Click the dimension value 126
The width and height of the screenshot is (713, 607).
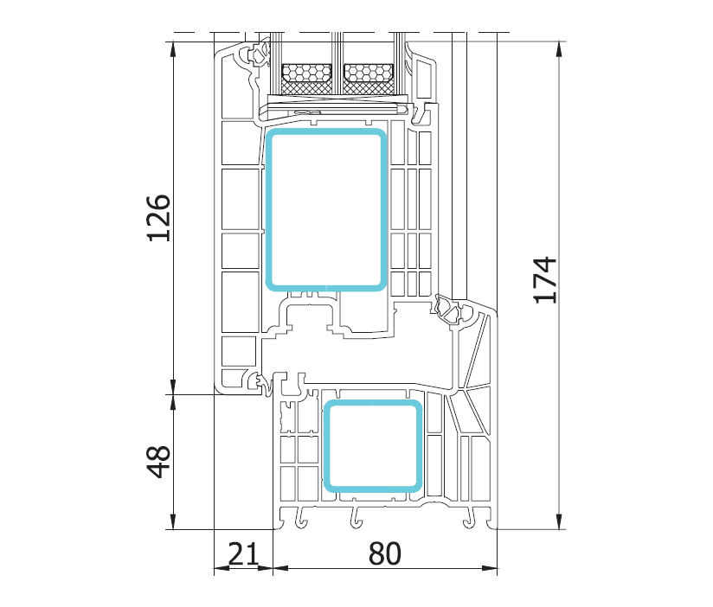click(x=158, y=218)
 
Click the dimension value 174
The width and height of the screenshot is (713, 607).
click(x=544, y=280)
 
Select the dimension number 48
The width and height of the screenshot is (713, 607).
click(x=158, y=462)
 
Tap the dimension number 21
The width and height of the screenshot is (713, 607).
click(x=243, y=553)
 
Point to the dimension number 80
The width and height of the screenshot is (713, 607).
click(x=385, y=553)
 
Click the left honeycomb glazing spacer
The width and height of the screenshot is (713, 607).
click(x=306, y=73)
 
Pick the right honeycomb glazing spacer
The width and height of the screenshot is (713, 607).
click(x=369, y=73)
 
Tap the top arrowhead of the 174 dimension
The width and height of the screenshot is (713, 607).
click(x=559, y=49)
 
